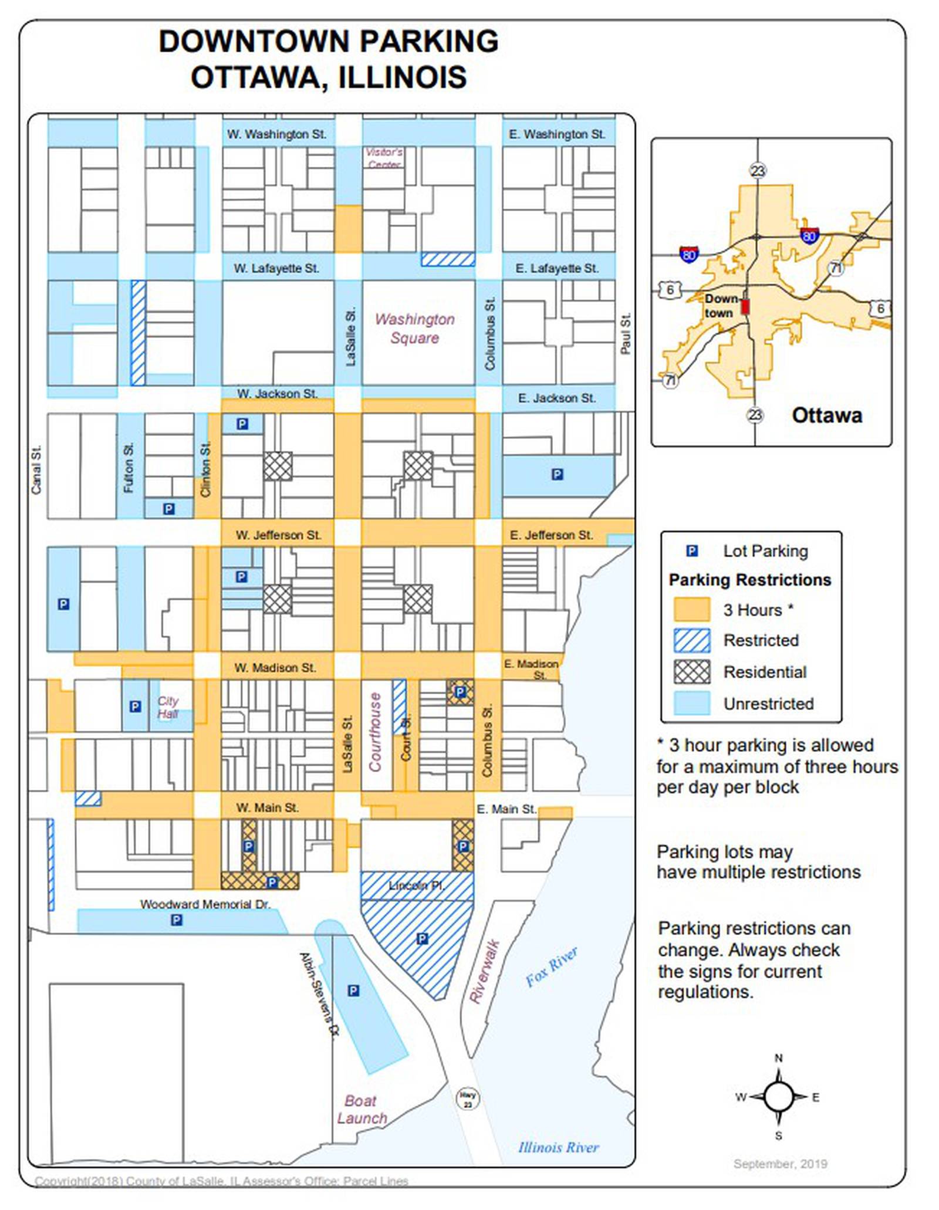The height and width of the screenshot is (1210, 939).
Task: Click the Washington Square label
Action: [x=414, y=329]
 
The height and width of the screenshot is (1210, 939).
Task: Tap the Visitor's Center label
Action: [x=384, y=158]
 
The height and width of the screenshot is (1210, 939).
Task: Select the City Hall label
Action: [x=167, y=707]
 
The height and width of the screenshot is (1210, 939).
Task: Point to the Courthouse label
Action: [x=375, y=732]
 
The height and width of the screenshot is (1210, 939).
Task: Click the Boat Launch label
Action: [x=362, y=1109]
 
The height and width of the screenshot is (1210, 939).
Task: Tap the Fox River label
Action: [x=551, y=966]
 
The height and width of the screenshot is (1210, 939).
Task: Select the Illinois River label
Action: [x=558, y=1147]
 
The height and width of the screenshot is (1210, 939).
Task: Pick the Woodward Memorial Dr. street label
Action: [x=205, y=904]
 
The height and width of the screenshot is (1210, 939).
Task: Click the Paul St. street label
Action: [x=626, y=334]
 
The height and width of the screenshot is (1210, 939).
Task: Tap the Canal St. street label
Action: [x=36, y=469]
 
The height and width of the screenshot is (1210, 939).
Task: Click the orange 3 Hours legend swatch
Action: [x=691, y=609]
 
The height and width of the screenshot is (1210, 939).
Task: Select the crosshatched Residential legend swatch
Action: [x=691, y=671]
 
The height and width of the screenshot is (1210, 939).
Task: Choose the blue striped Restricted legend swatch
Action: [x=691, y=640]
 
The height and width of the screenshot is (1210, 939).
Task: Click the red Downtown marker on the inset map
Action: [x=745, y=307]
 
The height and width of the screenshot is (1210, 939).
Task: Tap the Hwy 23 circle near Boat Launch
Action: [x=467, y=1098]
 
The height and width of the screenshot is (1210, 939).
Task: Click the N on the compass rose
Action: [x=778, y=1059]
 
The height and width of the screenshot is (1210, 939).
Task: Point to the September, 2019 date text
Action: [x=780, y=1164]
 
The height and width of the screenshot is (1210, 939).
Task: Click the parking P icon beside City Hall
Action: [x=135, y=707]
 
